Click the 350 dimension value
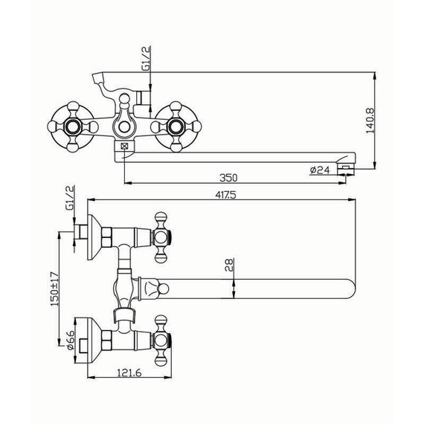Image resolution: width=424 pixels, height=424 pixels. point(228,178)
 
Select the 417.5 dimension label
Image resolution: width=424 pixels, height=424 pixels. point(225,195)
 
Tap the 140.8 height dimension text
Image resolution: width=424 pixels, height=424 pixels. point(370,121)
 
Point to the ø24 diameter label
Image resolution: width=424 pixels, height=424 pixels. point(320,170)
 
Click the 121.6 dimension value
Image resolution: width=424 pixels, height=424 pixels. point(129,373)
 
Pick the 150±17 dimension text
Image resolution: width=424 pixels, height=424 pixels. point(54,289)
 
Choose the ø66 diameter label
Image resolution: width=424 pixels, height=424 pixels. point(70,340)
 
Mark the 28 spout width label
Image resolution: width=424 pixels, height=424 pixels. point(229,265)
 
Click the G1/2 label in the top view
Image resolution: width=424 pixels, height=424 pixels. point(146,59)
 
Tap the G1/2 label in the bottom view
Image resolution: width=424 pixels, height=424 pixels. point(69,198)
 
